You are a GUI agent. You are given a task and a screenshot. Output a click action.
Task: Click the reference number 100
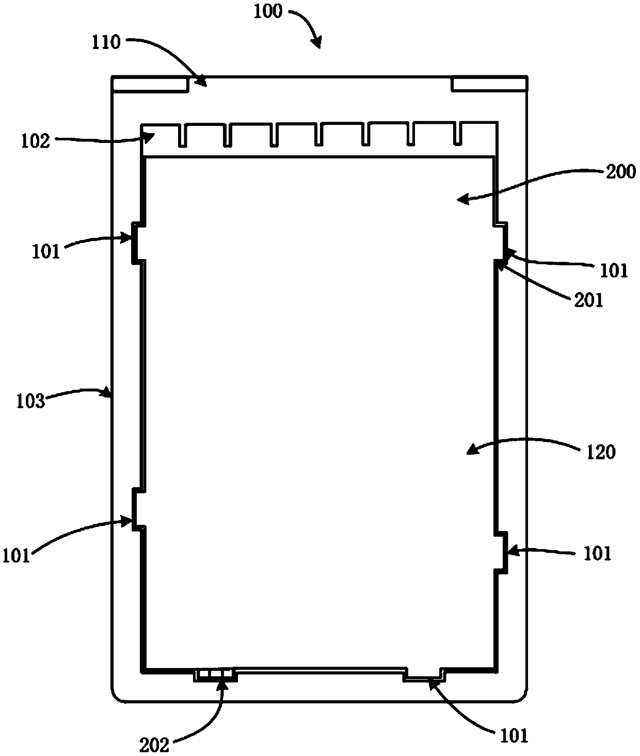(x=268, y=11)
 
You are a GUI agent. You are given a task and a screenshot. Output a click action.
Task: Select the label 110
(x=106, y=42)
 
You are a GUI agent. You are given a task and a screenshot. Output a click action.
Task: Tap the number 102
(x=36, y=140)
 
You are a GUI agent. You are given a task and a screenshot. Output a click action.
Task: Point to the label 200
(x=621, y=171)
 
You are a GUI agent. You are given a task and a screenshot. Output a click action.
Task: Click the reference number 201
(x=589, y=300)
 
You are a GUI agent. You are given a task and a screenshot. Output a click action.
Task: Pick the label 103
(x=31, y=401)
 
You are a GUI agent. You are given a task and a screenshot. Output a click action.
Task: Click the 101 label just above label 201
(x=614, y=270)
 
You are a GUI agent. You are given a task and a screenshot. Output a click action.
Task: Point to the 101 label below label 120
(x=597, y=554)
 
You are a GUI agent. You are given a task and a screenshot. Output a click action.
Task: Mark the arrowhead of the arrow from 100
(x=318, y=46)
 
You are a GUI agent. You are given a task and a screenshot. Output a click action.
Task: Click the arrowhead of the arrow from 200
(x=460, y=200)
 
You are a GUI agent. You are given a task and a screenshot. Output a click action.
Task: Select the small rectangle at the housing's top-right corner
(x=489, y=84)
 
